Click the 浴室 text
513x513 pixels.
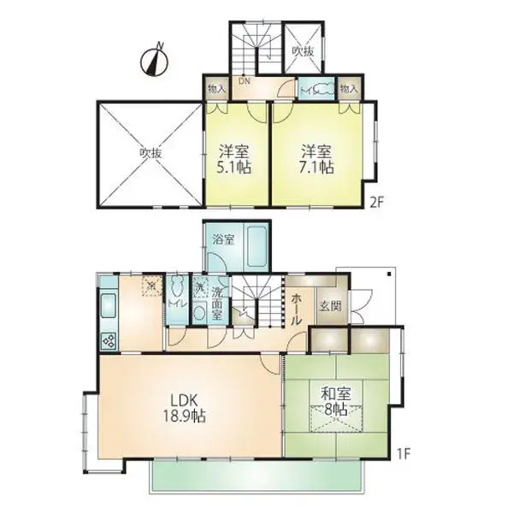223,239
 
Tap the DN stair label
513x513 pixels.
244,83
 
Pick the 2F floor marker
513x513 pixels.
375,203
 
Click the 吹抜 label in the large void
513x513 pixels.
151,154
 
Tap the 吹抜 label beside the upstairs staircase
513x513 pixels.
303,52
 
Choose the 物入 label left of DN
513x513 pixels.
215,89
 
